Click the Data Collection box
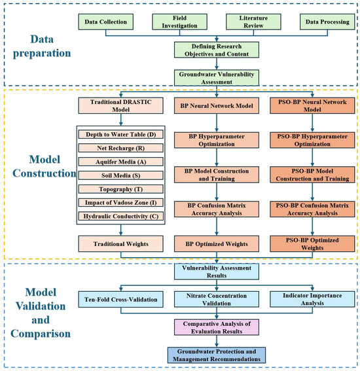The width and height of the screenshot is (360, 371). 106,22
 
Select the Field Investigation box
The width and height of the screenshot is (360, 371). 179,22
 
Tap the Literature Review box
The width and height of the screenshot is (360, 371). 253,22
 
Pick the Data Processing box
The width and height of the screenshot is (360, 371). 327,22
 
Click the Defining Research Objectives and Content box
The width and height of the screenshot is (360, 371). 217,50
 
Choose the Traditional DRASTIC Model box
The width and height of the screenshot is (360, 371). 120,105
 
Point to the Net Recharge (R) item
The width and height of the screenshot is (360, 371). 120,148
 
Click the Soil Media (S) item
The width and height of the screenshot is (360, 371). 120,175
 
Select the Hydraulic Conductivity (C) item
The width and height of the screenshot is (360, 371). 120,217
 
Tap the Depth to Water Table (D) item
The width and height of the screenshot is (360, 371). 120,134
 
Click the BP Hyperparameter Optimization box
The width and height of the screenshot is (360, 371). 217,140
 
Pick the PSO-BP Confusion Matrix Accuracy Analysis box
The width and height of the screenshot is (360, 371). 312,209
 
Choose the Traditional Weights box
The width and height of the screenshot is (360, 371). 120,243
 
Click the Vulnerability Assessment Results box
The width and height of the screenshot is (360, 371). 217,272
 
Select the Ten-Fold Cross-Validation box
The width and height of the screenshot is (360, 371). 120,299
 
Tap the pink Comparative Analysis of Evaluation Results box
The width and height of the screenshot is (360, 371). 217,327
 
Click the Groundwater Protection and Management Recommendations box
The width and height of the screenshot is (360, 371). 217,355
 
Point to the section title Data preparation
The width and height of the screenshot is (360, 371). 42,46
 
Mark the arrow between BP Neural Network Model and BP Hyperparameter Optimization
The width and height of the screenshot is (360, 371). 217,123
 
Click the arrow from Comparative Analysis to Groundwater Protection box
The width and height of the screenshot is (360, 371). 217,341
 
